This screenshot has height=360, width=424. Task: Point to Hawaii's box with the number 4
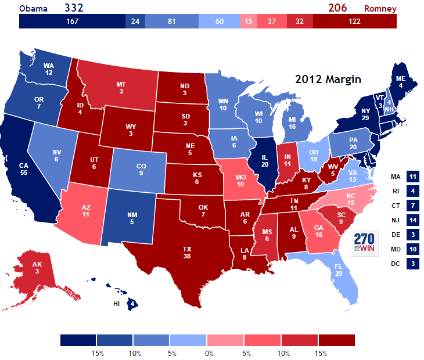132,303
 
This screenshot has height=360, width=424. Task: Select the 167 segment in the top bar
72,21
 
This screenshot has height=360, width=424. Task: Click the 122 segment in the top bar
354,21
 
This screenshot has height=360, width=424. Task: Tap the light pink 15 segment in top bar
249,21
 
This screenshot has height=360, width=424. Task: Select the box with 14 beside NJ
413,220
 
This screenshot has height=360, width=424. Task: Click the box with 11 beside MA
413,177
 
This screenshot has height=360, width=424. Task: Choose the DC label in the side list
396,264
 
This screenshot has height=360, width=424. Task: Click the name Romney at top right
380,9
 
